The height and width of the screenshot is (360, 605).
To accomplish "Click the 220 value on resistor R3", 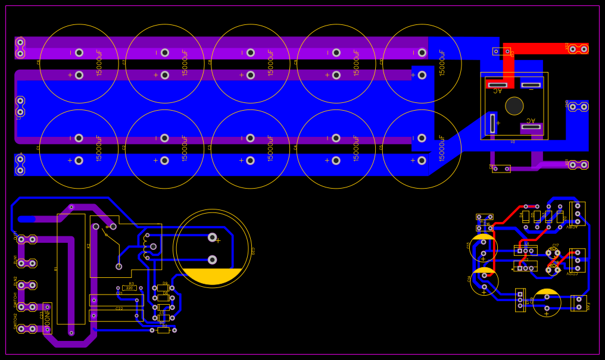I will click(x=129, y=288).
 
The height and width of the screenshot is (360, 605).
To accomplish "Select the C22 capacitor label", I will click(x=119, y=308).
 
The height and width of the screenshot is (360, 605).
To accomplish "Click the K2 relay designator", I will click(x=89, y=246).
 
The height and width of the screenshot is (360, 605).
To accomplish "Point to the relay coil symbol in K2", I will click(x=145, y=246).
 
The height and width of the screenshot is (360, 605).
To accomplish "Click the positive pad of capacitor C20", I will click(x=212, y=237).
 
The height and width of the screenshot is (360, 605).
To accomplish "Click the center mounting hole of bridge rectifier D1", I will click(x=514, y=106).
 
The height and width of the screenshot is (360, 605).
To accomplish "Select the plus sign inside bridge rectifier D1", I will click(x=498, y=123).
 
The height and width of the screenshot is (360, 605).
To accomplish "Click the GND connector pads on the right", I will click(x=578, y=107).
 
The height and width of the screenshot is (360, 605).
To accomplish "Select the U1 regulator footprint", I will click(x=526, y=251).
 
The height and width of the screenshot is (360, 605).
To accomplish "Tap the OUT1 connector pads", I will click(x=27, y=239).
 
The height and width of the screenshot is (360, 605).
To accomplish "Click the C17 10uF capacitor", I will click(x=553, y=252).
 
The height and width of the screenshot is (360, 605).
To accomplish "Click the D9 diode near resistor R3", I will click(x=163, y=287).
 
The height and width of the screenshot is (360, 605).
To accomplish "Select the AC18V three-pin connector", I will click(x=578, y=214).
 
